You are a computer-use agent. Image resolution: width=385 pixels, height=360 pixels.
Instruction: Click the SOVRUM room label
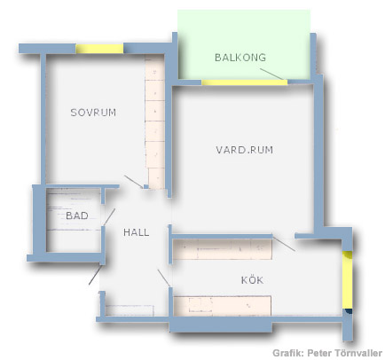point(93,113)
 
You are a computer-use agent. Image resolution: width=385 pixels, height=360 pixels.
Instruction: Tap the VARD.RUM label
point(245,150)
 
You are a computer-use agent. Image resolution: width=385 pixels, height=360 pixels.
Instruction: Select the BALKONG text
point(240,58)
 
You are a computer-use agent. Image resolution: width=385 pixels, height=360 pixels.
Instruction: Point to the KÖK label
point(252,279)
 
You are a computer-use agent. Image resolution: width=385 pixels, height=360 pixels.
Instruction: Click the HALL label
point(136,232)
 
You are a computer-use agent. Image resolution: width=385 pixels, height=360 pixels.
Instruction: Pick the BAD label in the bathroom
point(77,215)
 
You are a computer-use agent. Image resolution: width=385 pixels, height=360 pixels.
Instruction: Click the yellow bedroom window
point(99,49)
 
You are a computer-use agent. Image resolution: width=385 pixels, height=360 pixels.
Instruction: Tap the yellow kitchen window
point(348,279)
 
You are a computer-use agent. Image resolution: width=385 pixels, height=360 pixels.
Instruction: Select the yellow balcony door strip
point(244,82)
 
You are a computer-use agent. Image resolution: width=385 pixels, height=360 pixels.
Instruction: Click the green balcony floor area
point(244,44)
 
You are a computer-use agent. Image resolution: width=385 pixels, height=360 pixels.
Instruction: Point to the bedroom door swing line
point(134,182)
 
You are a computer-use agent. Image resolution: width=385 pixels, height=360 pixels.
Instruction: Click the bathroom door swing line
point(109,217)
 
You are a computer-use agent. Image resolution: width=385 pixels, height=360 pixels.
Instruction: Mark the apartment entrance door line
point(95,275)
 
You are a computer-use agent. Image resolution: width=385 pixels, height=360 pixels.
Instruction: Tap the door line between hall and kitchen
point(164,278)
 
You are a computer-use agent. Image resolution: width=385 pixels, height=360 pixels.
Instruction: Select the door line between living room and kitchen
point(284,244)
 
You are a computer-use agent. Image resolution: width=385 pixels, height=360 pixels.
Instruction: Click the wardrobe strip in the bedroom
point(155,121)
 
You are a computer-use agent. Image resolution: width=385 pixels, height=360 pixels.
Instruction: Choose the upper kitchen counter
point(222,249)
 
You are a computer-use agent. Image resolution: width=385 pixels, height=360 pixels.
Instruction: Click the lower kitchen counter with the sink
point(222,306)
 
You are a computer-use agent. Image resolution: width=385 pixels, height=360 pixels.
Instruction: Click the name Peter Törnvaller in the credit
point(344,353)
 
